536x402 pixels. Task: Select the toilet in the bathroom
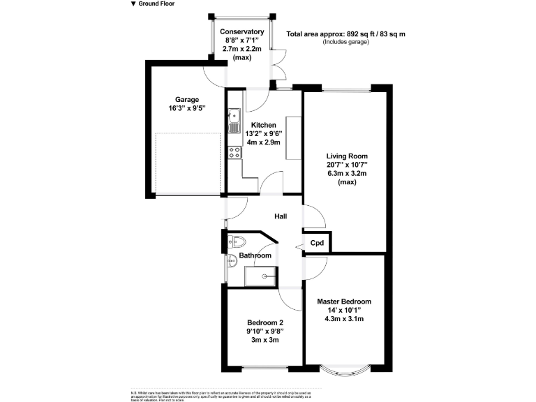point(237,242)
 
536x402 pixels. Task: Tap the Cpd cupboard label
point(318,243)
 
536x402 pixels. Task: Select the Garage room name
point(187,100)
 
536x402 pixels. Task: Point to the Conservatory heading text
point(242,31)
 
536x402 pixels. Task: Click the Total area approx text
point(346,33)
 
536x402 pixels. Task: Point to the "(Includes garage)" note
point(345,42)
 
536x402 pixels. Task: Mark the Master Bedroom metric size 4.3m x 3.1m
point(344,319)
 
